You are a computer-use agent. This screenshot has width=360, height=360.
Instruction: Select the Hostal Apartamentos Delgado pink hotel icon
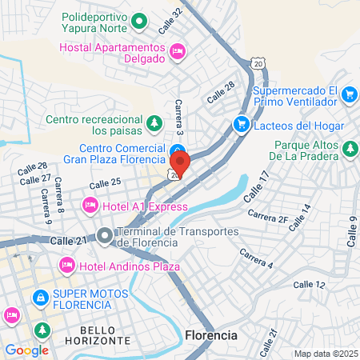pyautogui.click(x=178, y=50)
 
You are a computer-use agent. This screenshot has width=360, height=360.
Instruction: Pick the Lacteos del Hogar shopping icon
pyautogui.click(x=240, y=124)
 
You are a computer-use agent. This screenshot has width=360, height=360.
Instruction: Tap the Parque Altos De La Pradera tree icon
pyautogui.click(x=349, y=149)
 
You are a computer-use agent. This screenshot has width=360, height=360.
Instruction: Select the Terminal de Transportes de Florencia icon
pyautogui.click(x=106, y=236)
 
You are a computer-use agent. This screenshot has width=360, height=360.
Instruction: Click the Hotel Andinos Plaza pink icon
pyautogui.click(x=66, y=264)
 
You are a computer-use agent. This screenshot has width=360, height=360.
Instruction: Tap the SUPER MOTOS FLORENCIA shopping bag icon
pyautogui.click(x=38, y=297)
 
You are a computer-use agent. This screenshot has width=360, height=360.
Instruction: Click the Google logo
pyautogui.click(x=26, y=350)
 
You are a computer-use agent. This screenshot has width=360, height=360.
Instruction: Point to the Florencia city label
pyautogui.click(x=210, y=334)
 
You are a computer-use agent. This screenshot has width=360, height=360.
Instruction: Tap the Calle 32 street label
pyautogui.click(x=170, y=19)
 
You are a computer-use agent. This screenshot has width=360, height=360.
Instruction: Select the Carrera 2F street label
pyautogui.click(x=268, y=216)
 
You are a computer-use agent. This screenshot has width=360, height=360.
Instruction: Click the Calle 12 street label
pyautogui.click(x=309, y=284)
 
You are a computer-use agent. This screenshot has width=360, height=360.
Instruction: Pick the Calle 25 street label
pyautogui.click(x=105, y=184)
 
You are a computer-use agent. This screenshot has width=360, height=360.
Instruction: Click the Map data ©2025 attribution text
pyautogui.click(x=326, y=354)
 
